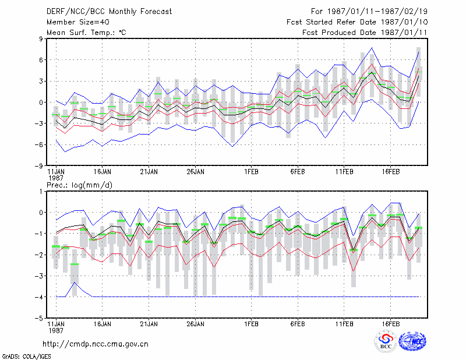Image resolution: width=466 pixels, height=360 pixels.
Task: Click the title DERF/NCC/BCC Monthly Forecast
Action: tap(109, 12)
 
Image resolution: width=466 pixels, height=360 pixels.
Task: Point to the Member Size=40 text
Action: tap(78, 22)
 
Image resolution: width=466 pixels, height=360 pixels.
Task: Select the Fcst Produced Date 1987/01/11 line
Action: tap(365, 33)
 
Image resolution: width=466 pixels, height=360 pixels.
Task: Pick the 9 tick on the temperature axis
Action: tap(41, 38)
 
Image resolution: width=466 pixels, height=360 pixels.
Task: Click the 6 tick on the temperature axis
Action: tap(41, 60)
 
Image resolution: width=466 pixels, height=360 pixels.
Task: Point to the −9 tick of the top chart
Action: tap(39, 166)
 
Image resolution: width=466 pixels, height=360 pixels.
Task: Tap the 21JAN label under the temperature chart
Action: tap(149, 172)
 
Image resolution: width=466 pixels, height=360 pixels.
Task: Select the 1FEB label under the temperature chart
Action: tap(251, 172)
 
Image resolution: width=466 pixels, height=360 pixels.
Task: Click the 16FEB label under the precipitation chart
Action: tap(390, 324)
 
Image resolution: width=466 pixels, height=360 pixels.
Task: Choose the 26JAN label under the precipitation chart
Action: tap(195, 324)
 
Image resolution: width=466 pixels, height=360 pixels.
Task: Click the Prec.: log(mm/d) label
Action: tap(79, 185)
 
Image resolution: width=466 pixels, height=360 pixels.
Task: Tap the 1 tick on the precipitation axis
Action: tap(41, 192)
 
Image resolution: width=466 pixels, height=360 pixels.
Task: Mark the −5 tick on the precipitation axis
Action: tap(39, 318)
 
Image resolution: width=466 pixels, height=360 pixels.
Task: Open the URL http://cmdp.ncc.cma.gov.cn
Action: tap(96, 344)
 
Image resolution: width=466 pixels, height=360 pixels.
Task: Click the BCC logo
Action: tap(386, 341)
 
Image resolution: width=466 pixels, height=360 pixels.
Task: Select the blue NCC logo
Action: tap(412, 341)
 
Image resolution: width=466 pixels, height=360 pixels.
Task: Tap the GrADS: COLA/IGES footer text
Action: tap(27, 357)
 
